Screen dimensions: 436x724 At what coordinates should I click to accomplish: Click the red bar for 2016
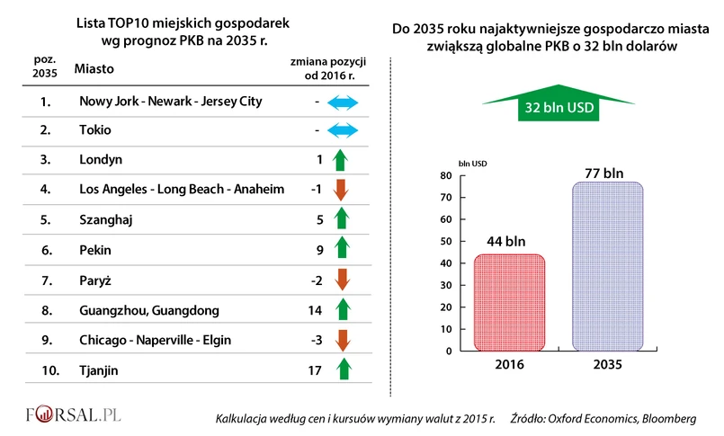tap(508, 304)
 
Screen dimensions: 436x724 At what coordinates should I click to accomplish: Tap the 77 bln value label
tap(606, 173)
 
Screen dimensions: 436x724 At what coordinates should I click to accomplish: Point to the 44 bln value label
tap(507, 242)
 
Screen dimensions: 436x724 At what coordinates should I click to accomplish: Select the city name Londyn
tap(101, 159)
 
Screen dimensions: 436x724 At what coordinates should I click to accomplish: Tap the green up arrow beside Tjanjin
tap(341, 369)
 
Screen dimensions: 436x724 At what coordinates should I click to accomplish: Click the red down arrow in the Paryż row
tap(341, 281)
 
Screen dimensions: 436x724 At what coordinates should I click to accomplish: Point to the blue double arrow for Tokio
tap(341, 130)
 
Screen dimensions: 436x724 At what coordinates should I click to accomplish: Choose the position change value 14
tap(315, 311)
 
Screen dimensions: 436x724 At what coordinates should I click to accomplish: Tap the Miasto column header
tap(94, 68)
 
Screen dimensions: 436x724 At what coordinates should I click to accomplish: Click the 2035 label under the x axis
tap(606, 367)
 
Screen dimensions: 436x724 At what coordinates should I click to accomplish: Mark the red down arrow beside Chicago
tap(341, 340)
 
